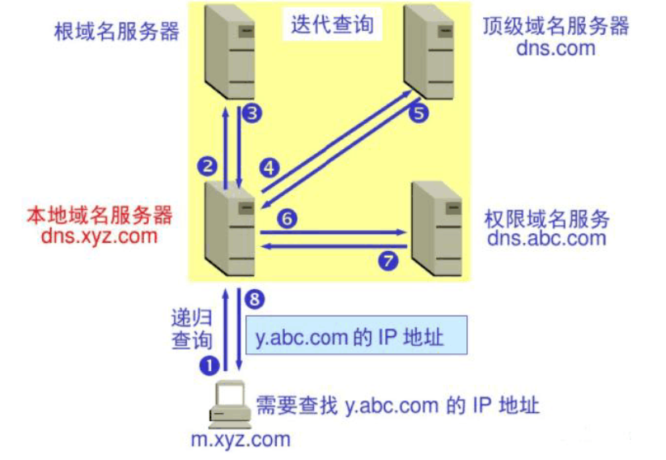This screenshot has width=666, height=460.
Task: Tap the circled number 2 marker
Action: [x=207, y=167]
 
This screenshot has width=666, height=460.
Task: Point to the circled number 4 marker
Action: [x=269, y=168]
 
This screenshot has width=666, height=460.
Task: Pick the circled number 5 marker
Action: [x=418, y=113]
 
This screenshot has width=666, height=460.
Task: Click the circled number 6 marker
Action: [x=287, y=218]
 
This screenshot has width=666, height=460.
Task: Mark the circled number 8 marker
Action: [x=255, y=300]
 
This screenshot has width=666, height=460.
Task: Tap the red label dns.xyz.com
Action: [x=100, y=237]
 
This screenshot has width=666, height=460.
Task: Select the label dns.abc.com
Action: [x=547, y=238]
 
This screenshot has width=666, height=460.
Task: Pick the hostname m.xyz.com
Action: [x=240, y=441]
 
